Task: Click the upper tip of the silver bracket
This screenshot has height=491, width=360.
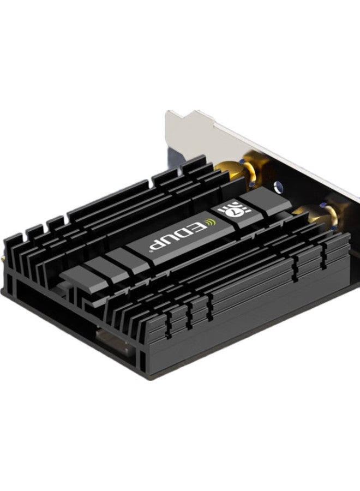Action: (173, 114)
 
